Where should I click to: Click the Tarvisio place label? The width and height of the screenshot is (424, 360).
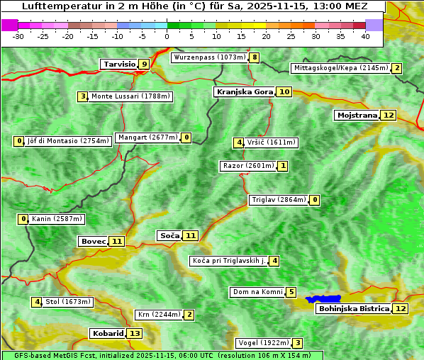(119, 64)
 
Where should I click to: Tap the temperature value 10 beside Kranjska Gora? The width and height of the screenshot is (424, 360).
(284, 91)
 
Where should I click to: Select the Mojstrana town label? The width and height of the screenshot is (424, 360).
(357, 115)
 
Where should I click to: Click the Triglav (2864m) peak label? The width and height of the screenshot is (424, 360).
(279, 200)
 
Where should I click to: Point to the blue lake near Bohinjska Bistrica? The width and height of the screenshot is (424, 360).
(323, 300)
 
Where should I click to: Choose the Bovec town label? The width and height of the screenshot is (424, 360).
(93, 241)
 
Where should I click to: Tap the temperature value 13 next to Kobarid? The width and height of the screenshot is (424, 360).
(135, 333)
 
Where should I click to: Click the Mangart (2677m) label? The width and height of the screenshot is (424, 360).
(147, 137)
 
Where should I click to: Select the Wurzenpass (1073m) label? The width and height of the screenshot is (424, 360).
(210, 57)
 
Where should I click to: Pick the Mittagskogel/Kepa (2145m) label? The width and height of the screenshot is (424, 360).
(340, 68)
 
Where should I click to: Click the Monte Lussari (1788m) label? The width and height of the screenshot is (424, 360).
(131, 96)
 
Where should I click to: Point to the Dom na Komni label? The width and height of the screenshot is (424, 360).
(257, 292)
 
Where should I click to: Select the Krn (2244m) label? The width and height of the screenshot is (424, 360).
(157, 315)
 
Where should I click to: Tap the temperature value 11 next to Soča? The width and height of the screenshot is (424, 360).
(190, 235)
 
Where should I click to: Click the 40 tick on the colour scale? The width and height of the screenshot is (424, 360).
(365, 36)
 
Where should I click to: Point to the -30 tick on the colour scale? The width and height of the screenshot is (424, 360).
(18, 36)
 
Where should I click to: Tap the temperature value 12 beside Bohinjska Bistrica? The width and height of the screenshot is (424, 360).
(401, 308)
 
